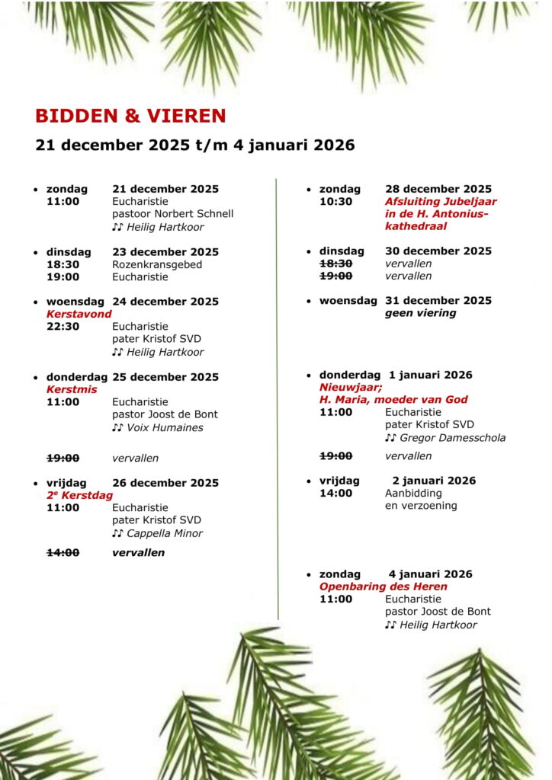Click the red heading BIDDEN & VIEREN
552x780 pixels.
click(x=130, y=116)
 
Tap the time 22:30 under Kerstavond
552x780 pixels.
click(x=63, y=326)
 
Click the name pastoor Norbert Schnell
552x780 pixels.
click(x=172, y=214)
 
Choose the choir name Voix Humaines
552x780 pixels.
click(x=164, y=427)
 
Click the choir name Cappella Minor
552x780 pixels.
click(x=164, y=533)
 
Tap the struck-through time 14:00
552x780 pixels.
click(x=63, y=552)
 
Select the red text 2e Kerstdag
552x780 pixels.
click(x=79, y=495)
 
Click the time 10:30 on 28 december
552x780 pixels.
click(x=335, y=201)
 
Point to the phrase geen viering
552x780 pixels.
click(x=420, y=313)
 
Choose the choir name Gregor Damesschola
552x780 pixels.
click(x=452, y=438)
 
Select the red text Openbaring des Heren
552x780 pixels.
click(x=383, y=587)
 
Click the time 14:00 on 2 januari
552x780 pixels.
click(x=335, y=493)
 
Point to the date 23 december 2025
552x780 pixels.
click(x=165, y=252)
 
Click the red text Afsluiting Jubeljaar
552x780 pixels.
click(x=440, y=201)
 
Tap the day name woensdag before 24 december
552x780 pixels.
click(x=75, y=302)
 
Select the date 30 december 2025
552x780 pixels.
click(x=438, y=251)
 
